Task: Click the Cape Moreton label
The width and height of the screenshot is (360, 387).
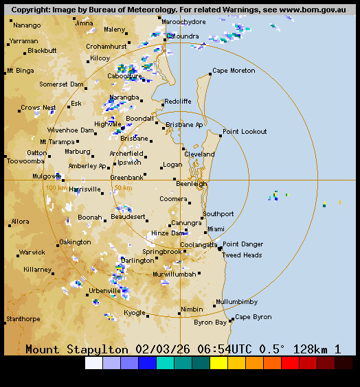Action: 234,71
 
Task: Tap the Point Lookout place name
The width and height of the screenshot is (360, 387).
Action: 245,131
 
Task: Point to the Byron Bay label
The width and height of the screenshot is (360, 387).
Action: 210,322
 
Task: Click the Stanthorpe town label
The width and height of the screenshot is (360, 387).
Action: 23,319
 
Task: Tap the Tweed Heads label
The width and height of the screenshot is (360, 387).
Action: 242,255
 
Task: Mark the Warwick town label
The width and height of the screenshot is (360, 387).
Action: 32,253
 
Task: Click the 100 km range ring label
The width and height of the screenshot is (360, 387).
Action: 56,187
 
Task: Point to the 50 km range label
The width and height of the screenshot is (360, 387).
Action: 123,187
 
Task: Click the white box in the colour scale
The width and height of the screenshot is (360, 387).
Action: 93,363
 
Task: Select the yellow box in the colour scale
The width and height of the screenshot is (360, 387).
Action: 218,363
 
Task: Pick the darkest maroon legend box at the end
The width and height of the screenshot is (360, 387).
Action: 344,363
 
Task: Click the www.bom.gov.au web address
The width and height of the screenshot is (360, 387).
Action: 312,10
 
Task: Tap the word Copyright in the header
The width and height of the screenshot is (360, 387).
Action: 32,10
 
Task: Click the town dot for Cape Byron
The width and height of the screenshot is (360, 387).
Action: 232,319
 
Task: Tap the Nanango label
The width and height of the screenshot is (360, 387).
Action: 27,25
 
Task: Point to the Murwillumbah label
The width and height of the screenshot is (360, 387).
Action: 175,274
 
